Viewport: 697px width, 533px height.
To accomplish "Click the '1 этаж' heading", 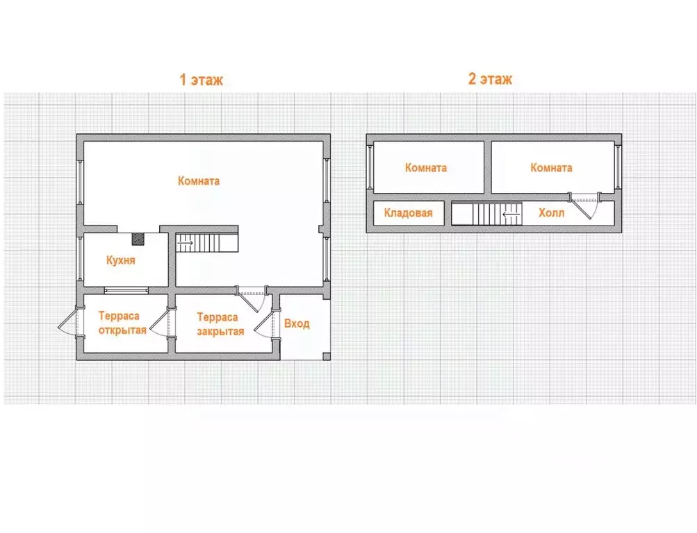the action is [x=201, y=79].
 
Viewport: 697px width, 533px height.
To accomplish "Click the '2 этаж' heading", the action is [x=490, y=78].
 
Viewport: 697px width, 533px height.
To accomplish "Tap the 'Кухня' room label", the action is [x=120, y=260].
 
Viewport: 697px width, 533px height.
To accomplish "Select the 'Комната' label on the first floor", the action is [x=199, y=181].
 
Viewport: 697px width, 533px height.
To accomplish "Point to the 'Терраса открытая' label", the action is [x=122, y=323].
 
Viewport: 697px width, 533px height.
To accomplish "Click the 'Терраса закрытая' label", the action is [x=220, y=324].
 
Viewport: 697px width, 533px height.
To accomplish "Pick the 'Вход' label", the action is [x=297, y=323].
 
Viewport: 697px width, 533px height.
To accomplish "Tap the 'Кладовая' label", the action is [x=408, y=213].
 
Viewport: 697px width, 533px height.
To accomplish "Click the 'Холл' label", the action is [x=551, y=213].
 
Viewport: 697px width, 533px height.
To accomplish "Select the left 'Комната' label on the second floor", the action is [x=426, y=168].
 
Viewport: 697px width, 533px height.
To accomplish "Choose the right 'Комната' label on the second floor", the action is [x=551, y=168].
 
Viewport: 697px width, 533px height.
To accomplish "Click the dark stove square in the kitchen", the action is [x=138, y=239].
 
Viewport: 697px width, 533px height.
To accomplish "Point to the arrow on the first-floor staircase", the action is [x=185, y=243].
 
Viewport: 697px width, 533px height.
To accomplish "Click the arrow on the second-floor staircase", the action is [x=511, y=214].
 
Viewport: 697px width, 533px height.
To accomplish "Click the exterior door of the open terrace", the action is [x=69, y=322].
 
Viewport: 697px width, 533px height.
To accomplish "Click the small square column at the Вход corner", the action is [x=327, y=356].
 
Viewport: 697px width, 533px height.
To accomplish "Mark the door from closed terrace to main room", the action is [x=251, y=300].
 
